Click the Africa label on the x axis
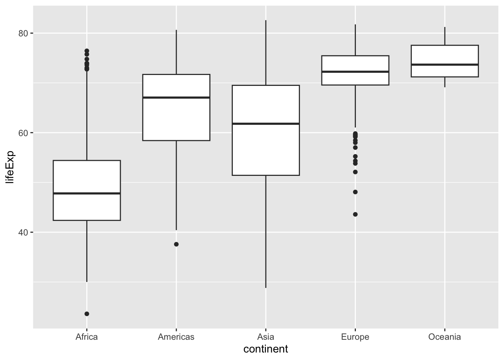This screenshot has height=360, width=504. pos(87,337)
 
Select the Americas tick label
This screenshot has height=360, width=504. pos(176,337)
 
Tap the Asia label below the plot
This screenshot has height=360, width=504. pos(265,337)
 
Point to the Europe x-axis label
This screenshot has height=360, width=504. pos(355,337)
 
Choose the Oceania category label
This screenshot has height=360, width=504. pos(444,337)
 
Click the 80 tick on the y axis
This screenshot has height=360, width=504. pos(24,33)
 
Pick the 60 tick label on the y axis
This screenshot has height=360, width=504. pos(24,133)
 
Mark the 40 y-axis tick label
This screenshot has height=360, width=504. pos(24,232)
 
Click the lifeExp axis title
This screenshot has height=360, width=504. pos(10,167)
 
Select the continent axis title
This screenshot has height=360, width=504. pos(265,349)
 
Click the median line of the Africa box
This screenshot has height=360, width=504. pos(87,193)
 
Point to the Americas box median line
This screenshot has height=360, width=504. pos(176,97)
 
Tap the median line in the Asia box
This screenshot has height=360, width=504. pos(265,123)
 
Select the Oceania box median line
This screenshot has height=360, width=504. pos(444,64)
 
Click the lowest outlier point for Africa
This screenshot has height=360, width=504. pos(87,314)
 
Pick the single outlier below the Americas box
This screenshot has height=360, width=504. pos(176,244)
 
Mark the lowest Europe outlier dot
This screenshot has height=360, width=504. pos(355,214)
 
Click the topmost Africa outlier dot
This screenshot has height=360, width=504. pos(87,51)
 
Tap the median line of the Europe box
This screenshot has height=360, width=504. pos(355,72)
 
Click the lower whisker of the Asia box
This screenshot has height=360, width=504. pos(265,232)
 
